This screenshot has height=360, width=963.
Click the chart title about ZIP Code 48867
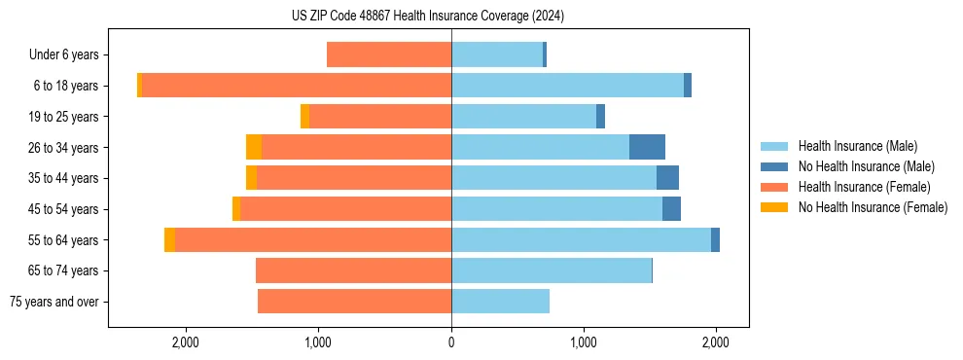pos(428,16)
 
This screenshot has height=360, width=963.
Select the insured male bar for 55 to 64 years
pos(581,240)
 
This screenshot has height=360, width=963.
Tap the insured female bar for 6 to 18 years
pos(296,86)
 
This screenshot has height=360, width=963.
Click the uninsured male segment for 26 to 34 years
pos(647,148)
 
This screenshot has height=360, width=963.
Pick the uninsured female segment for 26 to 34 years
pos(254,148)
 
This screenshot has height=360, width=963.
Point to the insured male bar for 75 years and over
pos(500,302)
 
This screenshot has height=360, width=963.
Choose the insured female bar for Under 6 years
pos(389,55)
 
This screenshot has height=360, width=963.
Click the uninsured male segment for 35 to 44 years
pos(667,178)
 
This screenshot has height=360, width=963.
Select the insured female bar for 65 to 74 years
pos(353,270)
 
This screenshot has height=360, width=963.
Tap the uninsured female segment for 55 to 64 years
pos(170,240)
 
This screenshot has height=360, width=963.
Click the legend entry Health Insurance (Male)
pos(857,146)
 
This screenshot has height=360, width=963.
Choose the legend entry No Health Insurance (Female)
pos(873,207)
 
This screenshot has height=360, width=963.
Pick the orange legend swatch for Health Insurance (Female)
pos(774,187)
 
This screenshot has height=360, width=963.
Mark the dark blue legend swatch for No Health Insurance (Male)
pos(774,166)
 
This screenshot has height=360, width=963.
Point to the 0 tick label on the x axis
pos(451,342)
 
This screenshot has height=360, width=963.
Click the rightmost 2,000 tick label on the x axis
pos(716,342)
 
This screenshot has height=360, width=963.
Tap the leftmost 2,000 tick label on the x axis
pos(185,342)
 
